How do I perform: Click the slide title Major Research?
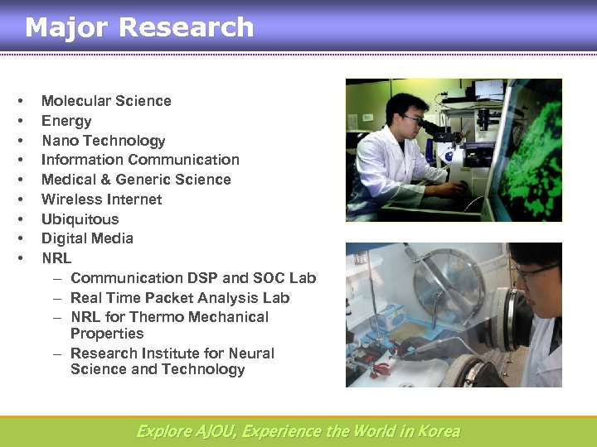tap(139, 27)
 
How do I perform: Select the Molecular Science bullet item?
tap(106, 101)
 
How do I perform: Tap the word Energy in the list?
tap(66, 121)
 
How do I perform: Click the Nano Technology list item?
tap(103, 141)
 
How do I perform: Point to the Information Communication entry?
tap(140, 160)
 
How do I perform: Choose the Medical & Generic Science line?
tap(136, 180)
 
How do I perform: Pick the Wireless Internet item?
tap(101, 199)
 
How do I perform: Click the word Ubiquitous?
tap(80, 219)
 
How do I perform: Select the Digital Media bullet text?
tap(87, 238)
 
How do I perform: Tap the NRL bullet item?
tap(56, 258)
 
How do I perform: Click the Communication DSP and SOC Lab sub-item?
tap(192, 278)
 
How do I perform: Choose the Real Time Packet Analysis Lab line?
tap(180, 298)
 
